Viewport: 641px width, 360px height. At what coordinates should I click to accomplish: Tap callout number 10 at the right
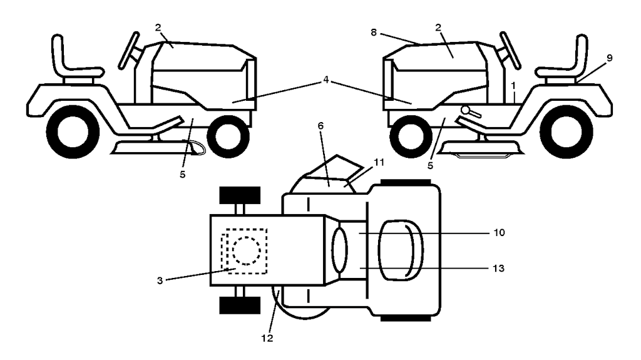coord(498,232)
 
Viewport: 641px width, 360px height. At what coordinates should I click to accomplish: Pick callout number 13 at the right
coord(498,268)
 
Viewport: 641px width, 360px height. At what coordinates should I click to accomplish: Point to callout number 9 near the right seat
coord(609,58)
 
